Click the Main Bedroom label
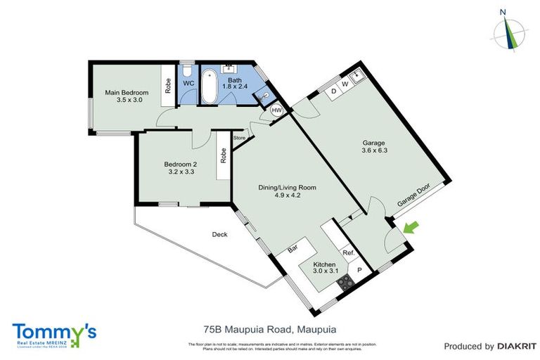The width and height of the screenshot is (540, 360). click(127, 93)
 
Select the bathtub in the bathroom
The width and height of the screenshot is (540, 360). click(209, 87)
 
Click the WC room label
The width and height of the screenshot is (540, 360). click(188, 84)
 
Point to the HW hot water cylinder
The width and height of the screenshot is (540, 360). click(276, 110)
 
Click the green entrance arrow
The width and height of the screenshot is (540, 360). click(410, 226)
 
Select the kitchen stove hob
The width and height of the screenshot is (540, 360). click(345, 281)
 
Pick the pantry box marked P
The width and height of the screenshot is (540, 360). click(359, 269)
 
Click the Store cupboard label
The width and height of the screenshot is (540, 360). click(239, 138)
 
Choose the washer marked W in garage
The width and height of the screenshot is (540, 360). click(345, 86)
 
